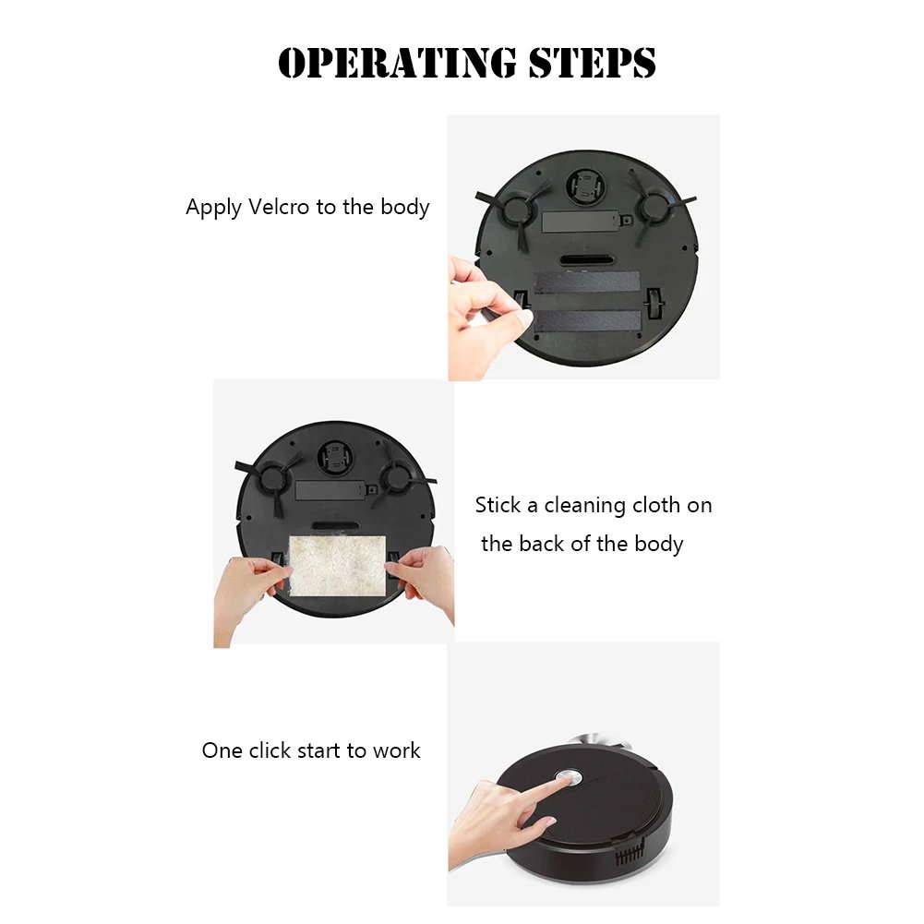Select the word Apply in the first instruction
213,208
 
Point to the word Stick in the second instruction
498,505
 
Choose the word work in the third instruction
396,750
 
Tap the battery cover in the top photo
578,222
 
